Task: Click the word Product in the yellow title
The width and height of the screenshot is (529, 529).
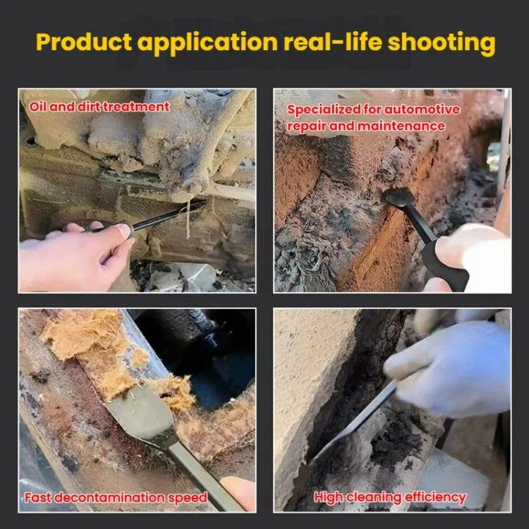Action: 84,42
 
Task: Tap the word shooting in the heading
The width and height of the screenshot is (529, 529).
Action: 442,43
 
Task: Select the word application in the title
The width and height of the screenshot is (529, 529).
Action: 207,43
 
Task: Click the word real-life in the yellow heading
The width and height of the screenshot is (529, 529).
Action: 333,42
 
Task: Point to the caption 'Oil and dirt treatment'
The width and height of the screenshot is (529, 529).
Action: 99,107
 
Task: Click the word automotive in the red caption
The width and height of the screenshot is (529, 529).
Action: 422,109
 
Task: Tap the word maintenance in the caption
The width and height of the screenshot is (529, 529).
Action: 401,126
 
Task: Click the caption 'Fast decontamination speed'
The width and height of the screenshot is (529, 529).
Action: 116,498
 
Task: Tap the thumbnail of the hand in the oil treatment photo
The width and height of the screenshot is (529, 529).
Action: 123,231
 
